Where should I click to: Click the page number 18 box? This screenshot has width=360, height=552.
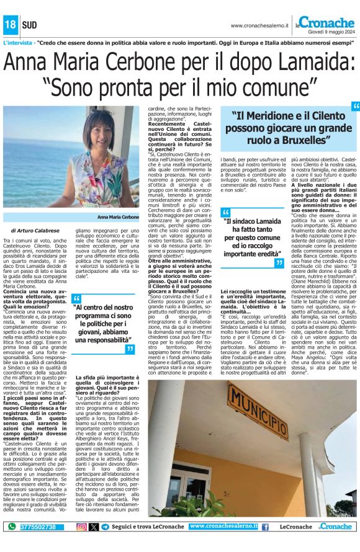point(11,25)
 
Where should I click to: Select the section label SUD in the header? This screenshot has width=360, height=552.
point(29,25)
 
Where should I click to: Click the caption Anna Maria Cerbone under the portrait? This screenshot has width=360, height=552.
point(119,218)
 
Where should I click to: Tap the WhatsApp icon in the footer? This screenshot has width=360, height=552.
point(12,527)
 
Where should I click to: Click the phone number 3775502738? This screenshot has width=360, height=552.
point(38,527)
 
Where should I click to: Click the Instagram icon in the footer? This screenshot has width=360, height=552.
point(81,527)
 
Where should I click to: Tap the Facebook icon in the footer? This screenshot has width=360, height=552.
point(265,527)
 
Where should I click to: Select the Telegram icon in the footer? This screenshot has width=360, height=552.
point(105,527)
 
